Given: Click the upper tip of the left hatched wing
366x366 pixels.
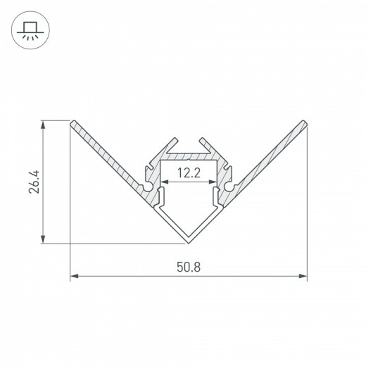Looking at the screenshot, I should [x=72, y=124].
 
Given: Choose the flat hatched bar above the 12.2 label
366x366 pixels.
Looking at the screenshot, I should [x=189, y=155].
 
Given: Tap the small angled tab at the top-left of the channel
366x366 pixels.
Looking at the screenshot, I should [x=172, y=141].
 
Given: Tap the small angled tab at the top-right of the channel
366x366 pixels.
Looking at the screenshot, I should [x=206, y=141].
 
